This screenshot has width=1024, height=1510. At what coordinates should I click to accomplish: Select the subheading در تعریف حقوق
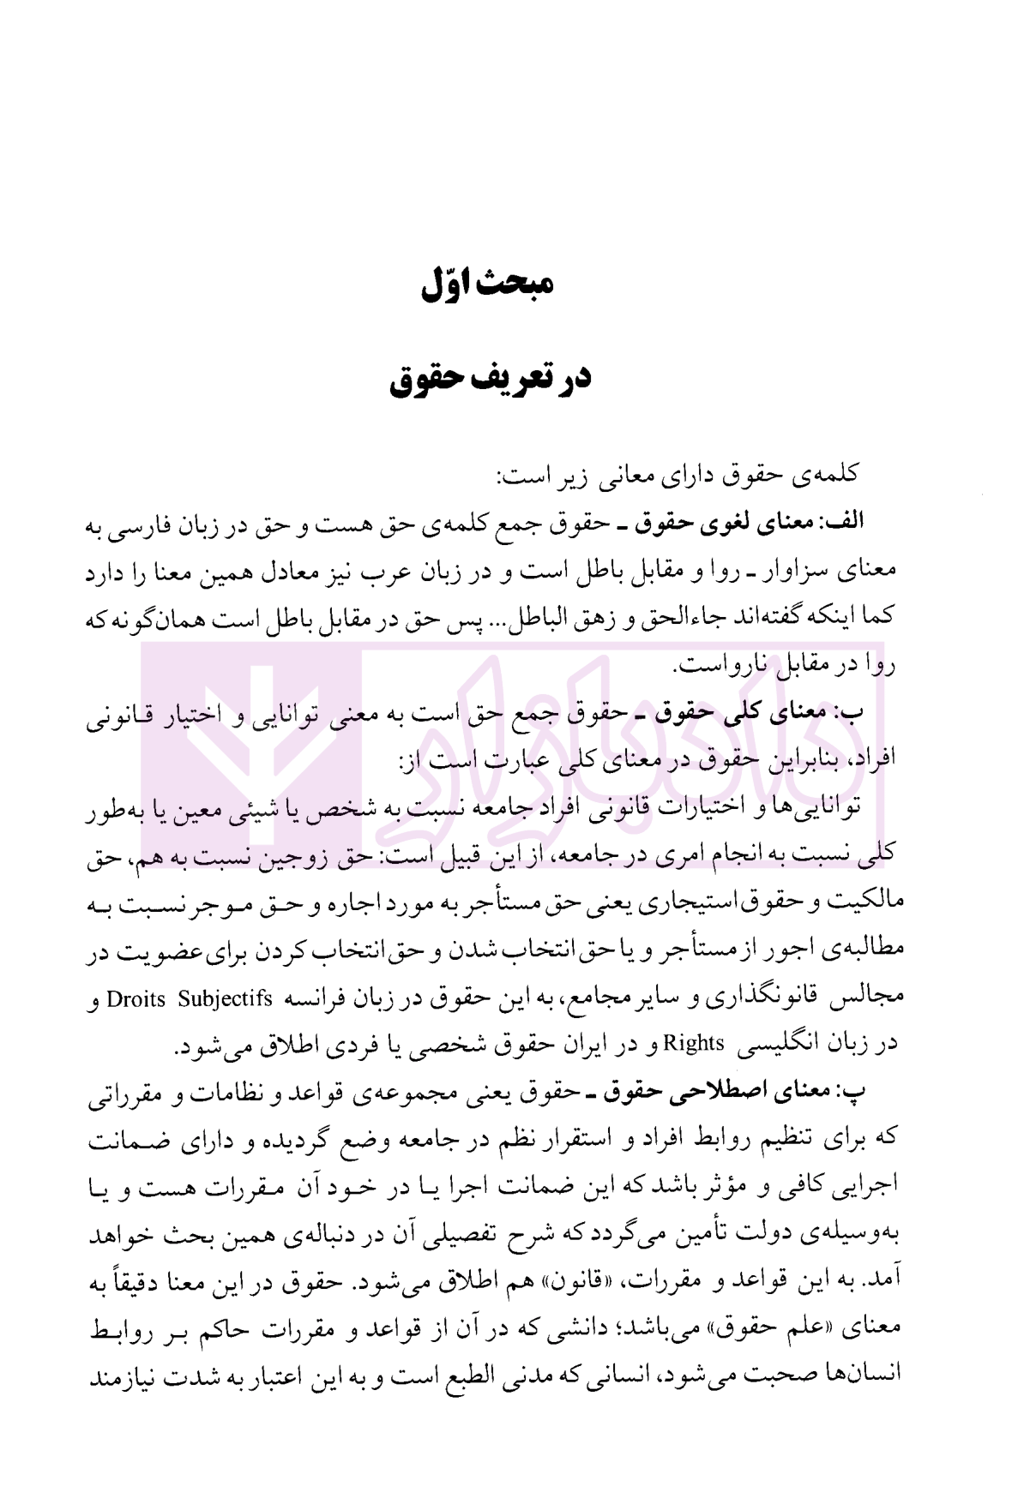pos(491,378)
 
